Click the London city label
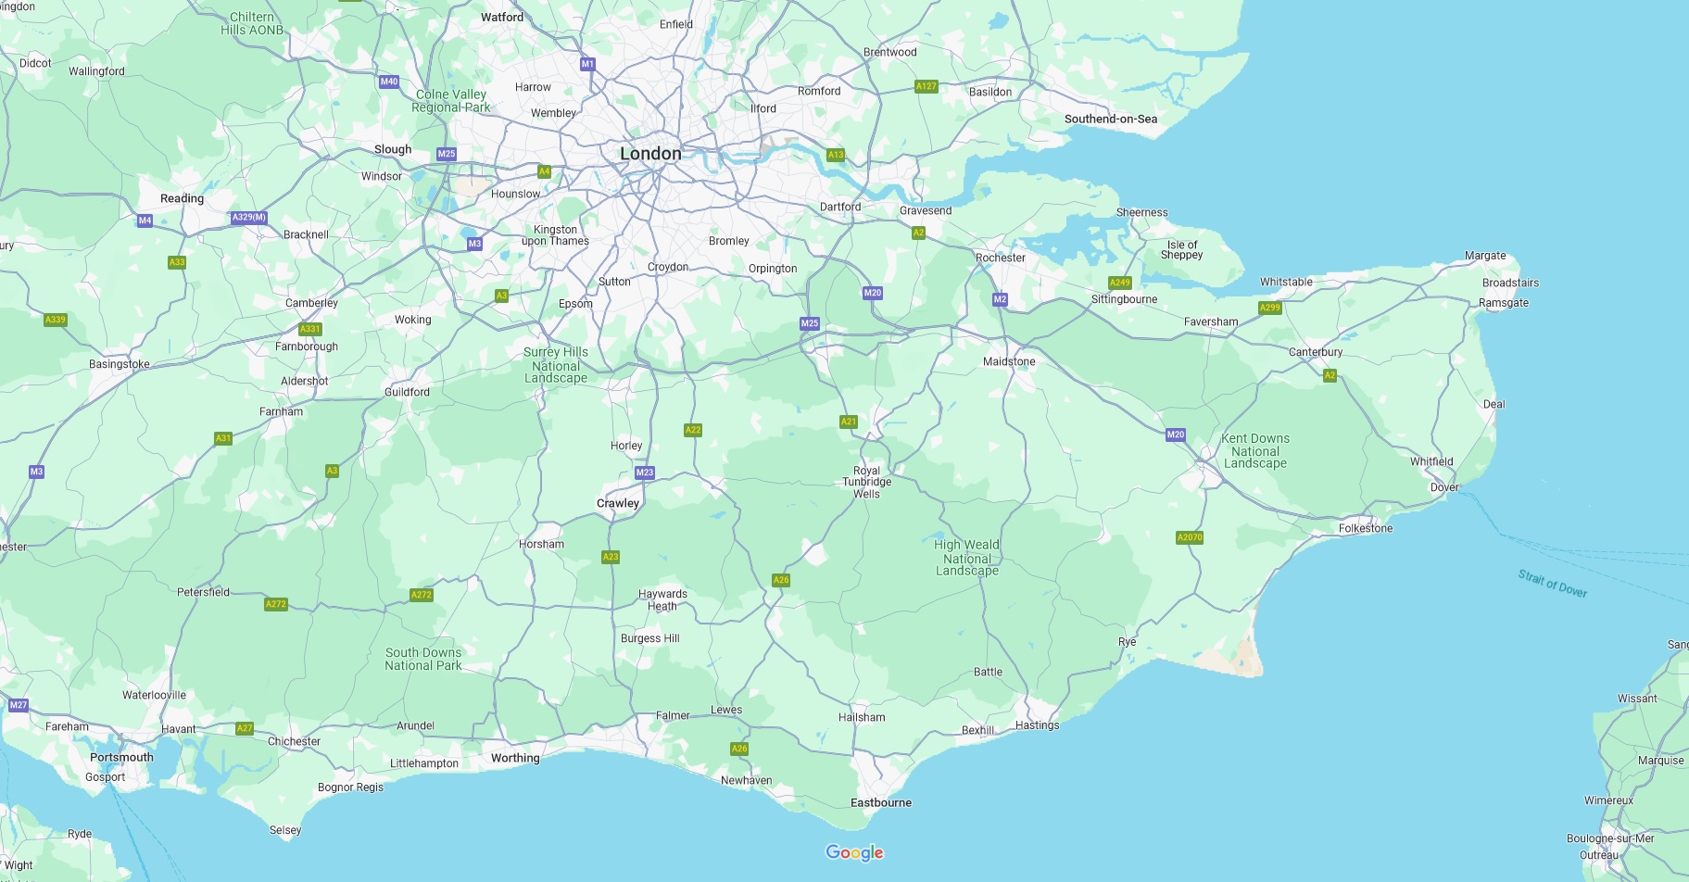pos(650,154)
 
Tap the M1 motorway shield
pos(587,64)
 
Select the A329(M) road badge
pos(249,218)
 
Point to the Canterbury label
pos(1315,352)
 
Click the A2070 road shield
pos(1190,537)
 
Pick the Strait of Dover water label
pos(1552,584)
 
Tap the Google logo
pos(854,852)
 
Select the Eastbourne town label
pos(880,802)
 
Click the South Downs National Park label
pos(422,659)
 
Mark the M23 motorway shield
pos(645,472)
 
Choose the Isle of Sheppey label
pos(1181,250)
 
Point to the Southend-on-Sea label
pos(1110,119)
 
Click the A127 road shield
pos(926,86)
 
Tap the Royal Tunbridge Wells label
pos(866,482)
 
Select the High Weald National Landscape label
pos(966,558)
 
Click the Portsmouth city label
pos(121,757)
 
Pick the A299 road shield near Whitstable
pos(1269,308)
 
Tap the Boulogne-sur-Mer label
pos(1609,838)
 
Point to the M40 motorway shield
pos(389,82)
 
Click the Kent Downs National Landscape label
pos(1254,451)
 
